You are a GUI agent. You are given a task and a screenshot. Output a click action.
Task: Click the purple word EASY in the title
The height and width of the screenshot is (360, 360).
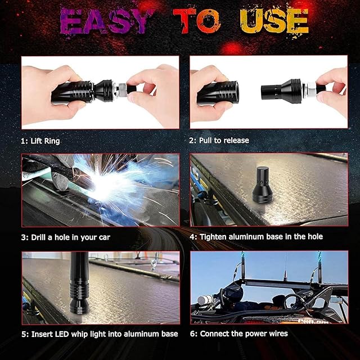[x=104, y=21]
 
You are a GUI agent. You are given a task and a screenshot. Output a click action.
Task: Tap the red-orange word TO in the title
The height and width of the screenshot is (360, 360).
[x=197, y=21]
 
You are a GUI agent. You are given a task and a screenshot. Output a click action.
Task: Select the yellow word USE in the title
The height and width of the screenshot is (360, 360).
[x=274, y=21]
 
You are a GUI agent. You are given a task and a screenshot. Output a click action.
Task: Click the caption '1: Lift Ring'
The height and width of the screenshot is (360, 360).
[x=40, y=141]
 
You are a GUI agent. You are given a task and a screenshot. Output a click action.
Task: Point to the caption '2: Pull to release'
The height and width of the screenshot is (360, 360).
[x=219, y=140]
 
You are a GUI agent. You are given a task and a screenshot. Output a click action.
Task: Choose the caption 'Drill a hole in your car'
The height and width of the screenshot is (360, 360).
[x=71, y=237]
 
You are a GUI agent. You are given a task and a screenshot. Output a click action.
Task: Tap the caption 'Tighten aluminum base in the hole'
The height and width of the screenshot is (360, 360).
[x=261, y=237]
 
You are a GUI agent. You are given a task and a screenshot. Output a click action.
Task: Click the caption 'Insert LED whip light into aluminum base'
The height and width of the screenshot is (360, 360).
[x=105, y=334]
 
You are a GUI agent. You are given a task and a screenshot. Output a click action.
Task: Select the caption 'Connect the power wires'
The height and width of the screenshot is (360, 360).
[x=244, y=334]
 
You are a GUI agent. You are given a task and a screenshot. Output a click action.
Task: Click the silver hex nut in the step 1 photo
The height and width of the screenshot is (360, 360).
[x=122, y=89]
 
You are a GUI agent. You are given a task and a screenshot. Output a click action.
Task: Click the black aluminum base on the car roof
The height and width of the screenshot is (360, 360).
[x=263, y=184]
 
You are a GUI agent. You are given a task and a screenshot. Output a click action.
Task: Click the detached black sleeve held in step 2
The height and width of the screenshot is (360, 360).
[x=218, y=93]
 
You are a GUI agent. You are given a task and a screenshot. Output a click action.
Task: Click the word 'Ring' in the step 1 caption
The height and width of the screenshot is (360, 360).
[x=52, y=141]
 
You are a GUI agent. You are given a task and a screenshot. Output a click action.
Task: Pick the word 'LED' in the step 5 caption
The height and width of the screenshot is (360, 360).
[x=62, y=334]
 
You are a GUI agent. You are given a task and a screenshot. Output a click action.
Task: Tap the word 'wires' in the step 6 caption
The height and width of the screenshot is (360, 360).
[x=278, y=334]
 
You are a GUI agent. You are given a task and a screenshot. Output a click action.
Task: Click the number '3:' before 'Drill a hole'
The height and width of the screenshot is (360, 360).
[x=25, y=237]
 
